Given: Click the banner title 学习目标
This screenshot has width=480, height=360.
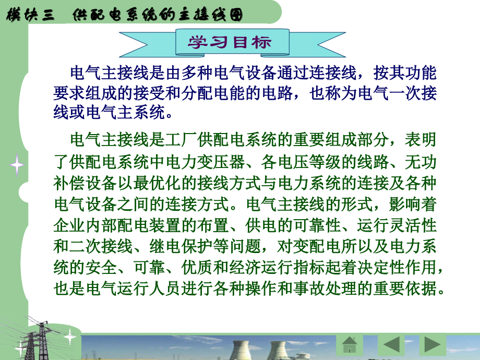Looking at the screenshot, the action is pos(230,42).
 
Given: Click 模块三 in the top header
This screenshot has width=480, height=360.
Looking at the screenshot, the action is pos(30,15).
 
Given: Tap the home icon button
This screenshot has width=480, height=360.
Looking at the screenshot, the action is pos(349,345).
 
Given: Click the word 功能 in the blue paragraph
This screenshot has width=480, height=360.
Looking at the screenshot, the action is pos(421,73).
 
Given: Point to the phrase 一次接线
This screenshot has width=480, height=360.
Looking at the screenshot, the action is pos(398,93).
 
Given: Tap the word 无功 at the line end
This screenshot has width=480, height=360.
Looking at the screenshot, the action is pos(421,162).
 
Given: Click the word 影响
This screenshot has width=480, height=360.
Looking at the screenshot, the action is pos(405,204).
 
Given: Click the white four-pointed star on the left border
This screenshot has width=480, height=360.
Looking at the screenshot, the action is pos(17,165).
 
